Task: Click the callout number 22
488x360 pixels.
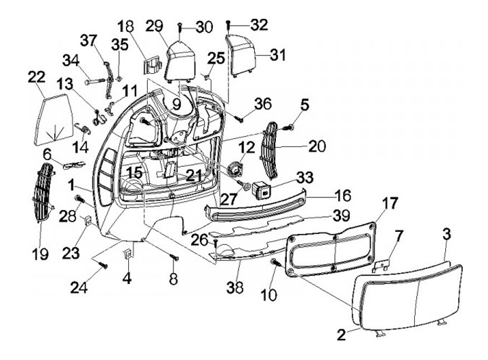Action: coord(37,77)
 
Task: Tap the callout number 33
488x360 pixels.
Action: coord(305,178)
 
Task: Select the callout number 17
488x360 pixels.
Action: coord(389,203)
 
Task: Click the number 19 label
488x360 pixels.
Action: coord(41,254)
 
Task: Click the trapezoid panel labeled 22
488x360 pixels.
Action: coord(53,119)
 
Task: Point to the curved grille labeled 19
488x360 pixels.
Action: coord(43,193)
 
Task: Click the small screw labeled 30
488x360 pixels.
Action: coord(180,28)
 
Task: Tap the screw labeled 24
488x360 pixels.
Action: coord(103,265)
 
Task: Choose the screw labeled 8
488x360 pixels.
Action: coord(174,257)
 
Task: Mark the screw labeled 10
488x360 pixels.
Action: coord(276,262)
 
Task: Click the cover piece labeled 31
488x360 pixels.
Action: coord(243,56)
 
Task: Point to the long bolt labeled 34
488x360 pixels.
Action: coord(95,82)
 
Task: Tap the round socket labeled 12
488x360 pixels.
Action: coord(235,169)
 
